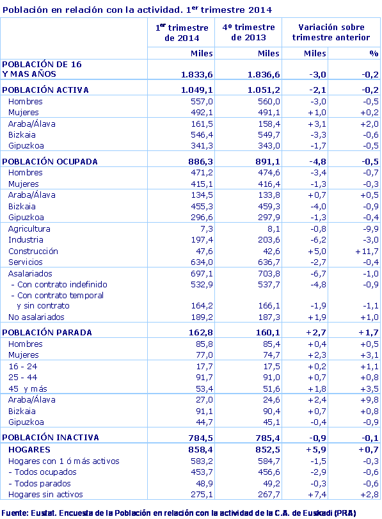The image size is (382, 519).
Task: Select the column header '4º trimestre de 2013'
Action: pyautogui.click(x=248, y=32)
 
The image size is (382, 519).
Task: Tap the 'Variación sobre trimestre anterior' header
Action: pyautogui.click(x=328, y=32)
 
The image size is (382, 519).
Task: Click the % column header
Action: pyautogui.click(x=374, y=53)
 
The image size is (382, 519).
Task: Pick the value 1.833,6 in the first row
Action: pyautogui.click(x=196, y=74)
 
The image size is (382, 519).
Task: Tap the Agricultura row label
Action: pyautogui.click(x=29, y=228)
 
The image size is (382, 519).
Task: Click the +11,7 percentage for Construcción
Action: pyautogui.click(x=367, y=251)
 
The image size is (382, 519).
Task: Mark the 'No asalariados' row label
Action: pyautogui.click(x=36, y=317)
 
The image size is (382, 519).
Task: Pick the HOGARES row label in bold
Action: pyautogui.click(x=29, y=450)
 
